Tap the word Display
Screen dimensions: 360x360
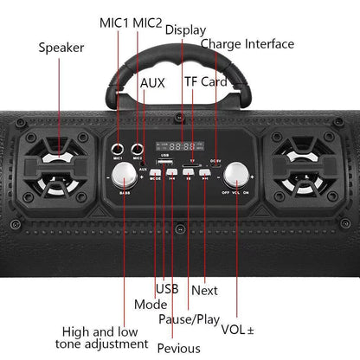[x=185, y=29]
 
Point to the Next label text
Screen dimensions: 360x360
[x=204, y=290]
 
